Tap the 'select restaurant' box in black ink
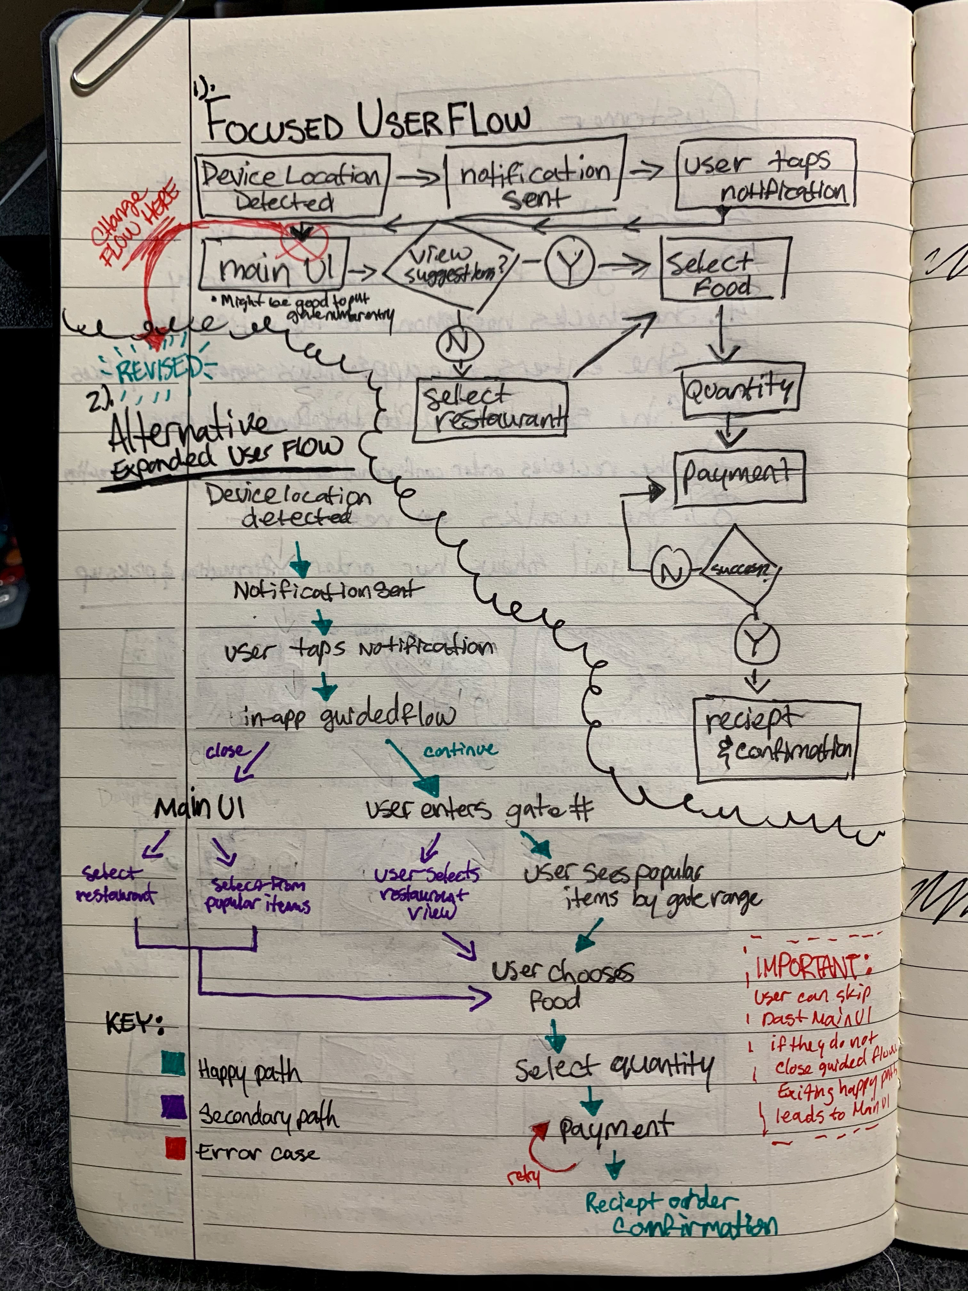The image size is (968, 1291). (490, 410)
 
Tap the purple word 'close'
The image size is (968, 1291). (226, 751)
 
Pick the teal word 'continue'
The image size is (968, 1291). (461, 750)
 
